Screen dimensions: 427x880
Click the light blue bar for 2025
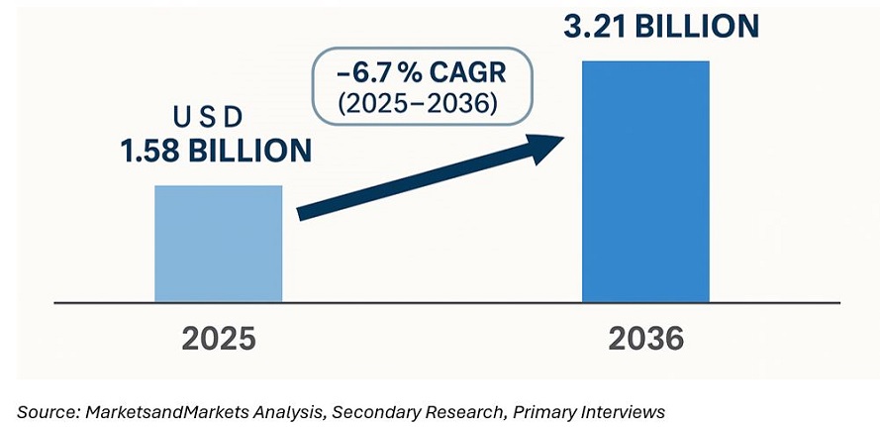218,243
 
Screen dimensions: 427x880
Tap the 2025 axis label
218,339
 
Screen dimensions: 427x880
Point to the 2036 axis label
644,339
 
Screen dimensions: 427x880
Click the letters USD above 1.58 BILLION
208,118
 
